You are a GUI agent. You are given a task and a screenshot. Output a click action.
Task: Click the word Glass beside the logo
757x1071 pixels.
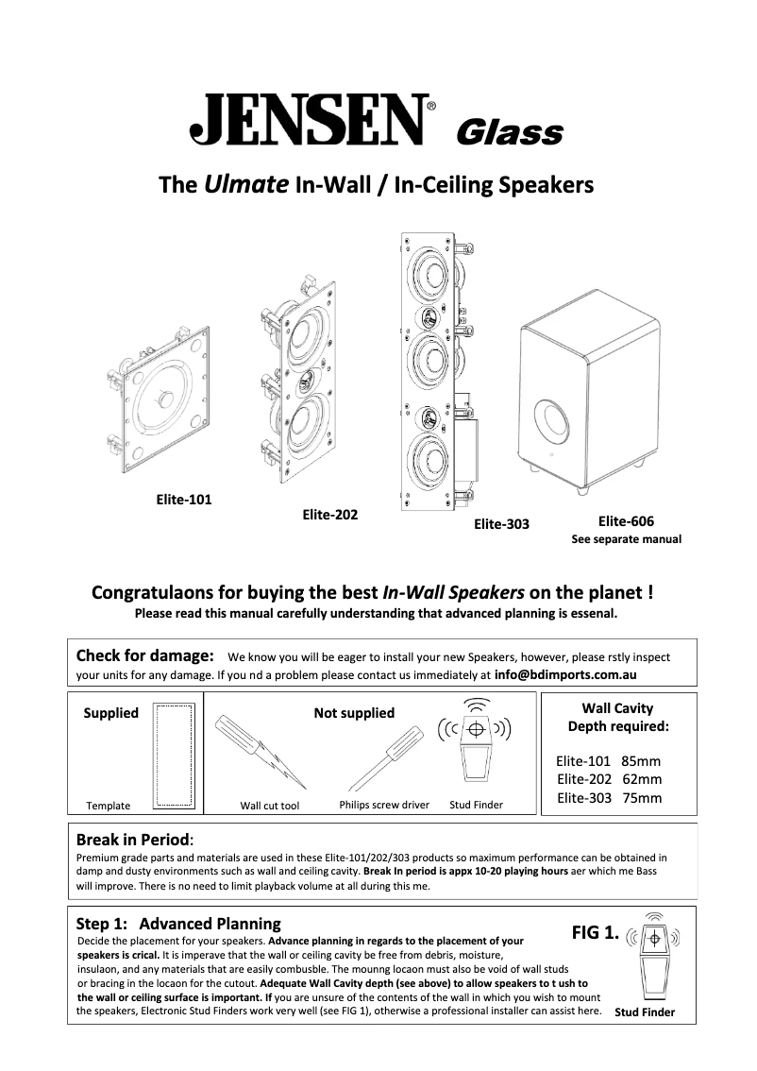tap(509, 133)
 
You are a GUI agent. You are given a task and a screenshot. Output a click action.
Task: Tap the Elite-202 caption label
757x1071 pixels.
tap(329, 515)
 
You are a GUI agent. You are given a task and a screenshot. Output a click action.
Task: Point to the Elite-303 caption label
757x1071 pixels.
tap(501, 524)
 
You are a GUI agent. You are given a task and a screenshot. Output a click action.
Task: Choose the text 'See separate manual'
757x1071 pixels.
tap(626, 540)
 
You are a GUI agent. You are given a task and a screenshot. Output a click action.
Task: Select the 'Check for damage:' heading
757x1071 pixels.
tap(144, 655)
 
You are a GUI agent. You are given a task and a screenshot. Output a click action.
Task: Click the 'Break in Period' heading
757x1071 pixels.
tap(133, 839)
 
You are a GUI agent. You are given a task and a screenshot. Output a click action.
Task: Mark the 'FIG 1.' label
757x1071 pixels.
tap(595, 933)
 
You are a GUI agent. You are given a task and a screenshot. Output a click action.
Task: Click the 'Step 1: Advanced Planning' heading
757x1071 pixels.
tap(178, 924)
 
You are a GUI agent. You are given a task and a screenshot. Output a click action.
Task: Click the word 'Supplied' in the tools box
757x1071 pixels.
tap(110, 713)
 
